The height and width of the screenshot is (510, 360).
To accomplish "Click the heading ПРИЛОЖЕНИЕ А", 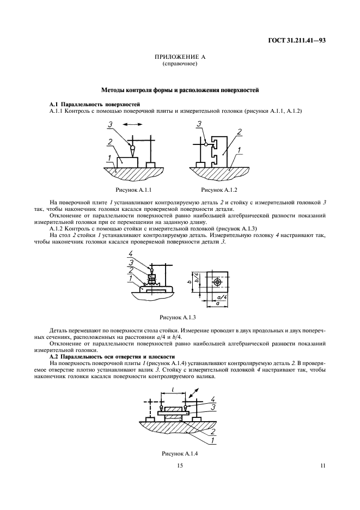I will pyautogui.click(x=180, y=57).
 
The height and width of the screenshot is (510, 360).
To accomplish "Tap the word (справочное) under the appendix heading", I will pyautogui.click(x=180, y=64).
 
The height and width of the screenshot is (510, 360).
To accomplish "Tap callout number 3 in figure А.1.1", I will pyautogui.click(x=111, y=126).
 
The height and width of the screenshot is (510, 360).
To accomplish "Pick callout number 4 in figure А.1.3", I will pyautogui.click(x=131, y=254).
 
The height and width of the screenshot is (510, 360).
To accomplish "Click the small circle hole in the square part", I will pyautogui.click(x=217, y=282).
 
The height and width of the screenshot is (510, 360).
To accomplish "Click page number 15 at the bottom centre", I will pyautogui.click(x=180, y=465).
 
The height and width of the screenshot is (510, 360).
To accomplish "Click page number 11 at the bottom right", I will pyautogui.click(x=322, y=465).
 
